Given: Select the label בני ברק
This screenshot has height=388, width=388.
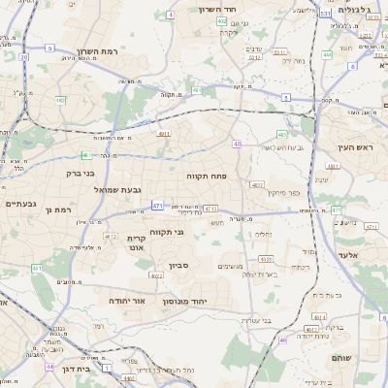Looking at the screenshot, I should click(75, 174).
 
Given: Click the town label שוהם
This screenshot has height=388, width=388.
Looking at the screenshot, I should click(367, 358).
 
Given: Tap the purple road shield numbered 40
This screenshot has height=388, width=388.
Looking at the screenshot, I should click(237, 144).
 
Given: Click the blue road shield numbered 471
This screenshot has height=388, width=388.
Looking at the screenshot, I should click(157, 206).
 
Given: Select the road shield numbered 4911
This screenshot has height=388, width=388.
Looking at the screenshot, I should click(163, 134).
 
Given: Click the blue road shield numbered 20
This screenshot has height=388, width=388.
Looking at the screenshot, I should click(23, 57).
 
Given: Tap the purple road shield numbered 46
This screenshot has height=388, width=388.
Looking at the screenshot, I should click(282, 339).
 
